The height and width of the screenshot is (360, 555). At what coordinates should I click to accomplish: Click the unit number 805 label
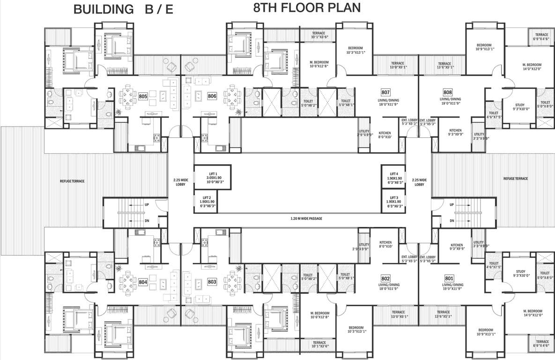(x=143, y=96)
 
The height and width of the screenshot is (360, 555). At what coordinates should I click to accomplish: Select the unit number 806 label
(x=212, y=96)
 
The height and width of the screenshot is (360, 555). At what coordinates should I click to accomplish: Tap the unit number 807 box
(x=385, y=92)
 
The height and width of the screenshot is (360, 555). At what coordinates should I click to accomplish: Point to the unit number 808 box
(x=448, y=92)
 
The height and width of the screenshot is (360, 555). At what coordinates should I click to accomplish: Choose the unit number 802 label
(x=385, y=278)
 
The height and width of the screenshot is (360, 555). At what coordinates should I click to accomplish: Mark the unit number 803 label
(x=212, y=282)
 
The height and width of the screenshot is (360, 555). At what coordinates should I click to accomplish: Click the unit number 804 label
(x=143, y=282)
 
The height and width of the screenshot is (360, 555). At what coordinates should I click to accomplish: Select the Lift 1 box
(x=212, y=177)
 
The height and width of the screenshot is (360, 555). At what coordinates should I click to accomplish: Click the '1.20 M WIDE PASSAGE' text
(x=306, y=218)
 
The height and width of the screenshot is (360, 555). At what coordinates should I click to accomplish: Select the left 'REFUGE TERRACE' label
(x=72, y=181)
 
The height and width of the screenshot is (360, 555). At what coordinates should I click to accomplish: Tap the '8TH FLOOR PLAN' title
(x=307, y=7)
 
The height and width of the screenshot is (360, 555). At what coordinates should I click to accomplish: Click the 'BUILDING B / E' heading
(x=123, y=9)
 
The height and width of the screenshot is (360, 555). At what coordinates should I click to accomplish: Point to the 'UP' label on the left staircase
(x=147, y=204)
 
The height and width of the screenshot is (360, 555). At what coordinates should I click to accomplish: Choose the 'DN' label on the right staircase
(x=452, y=221)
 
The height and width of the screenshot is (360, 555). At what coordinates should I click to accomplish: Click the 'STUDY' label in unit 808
(x=520, y=105)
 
